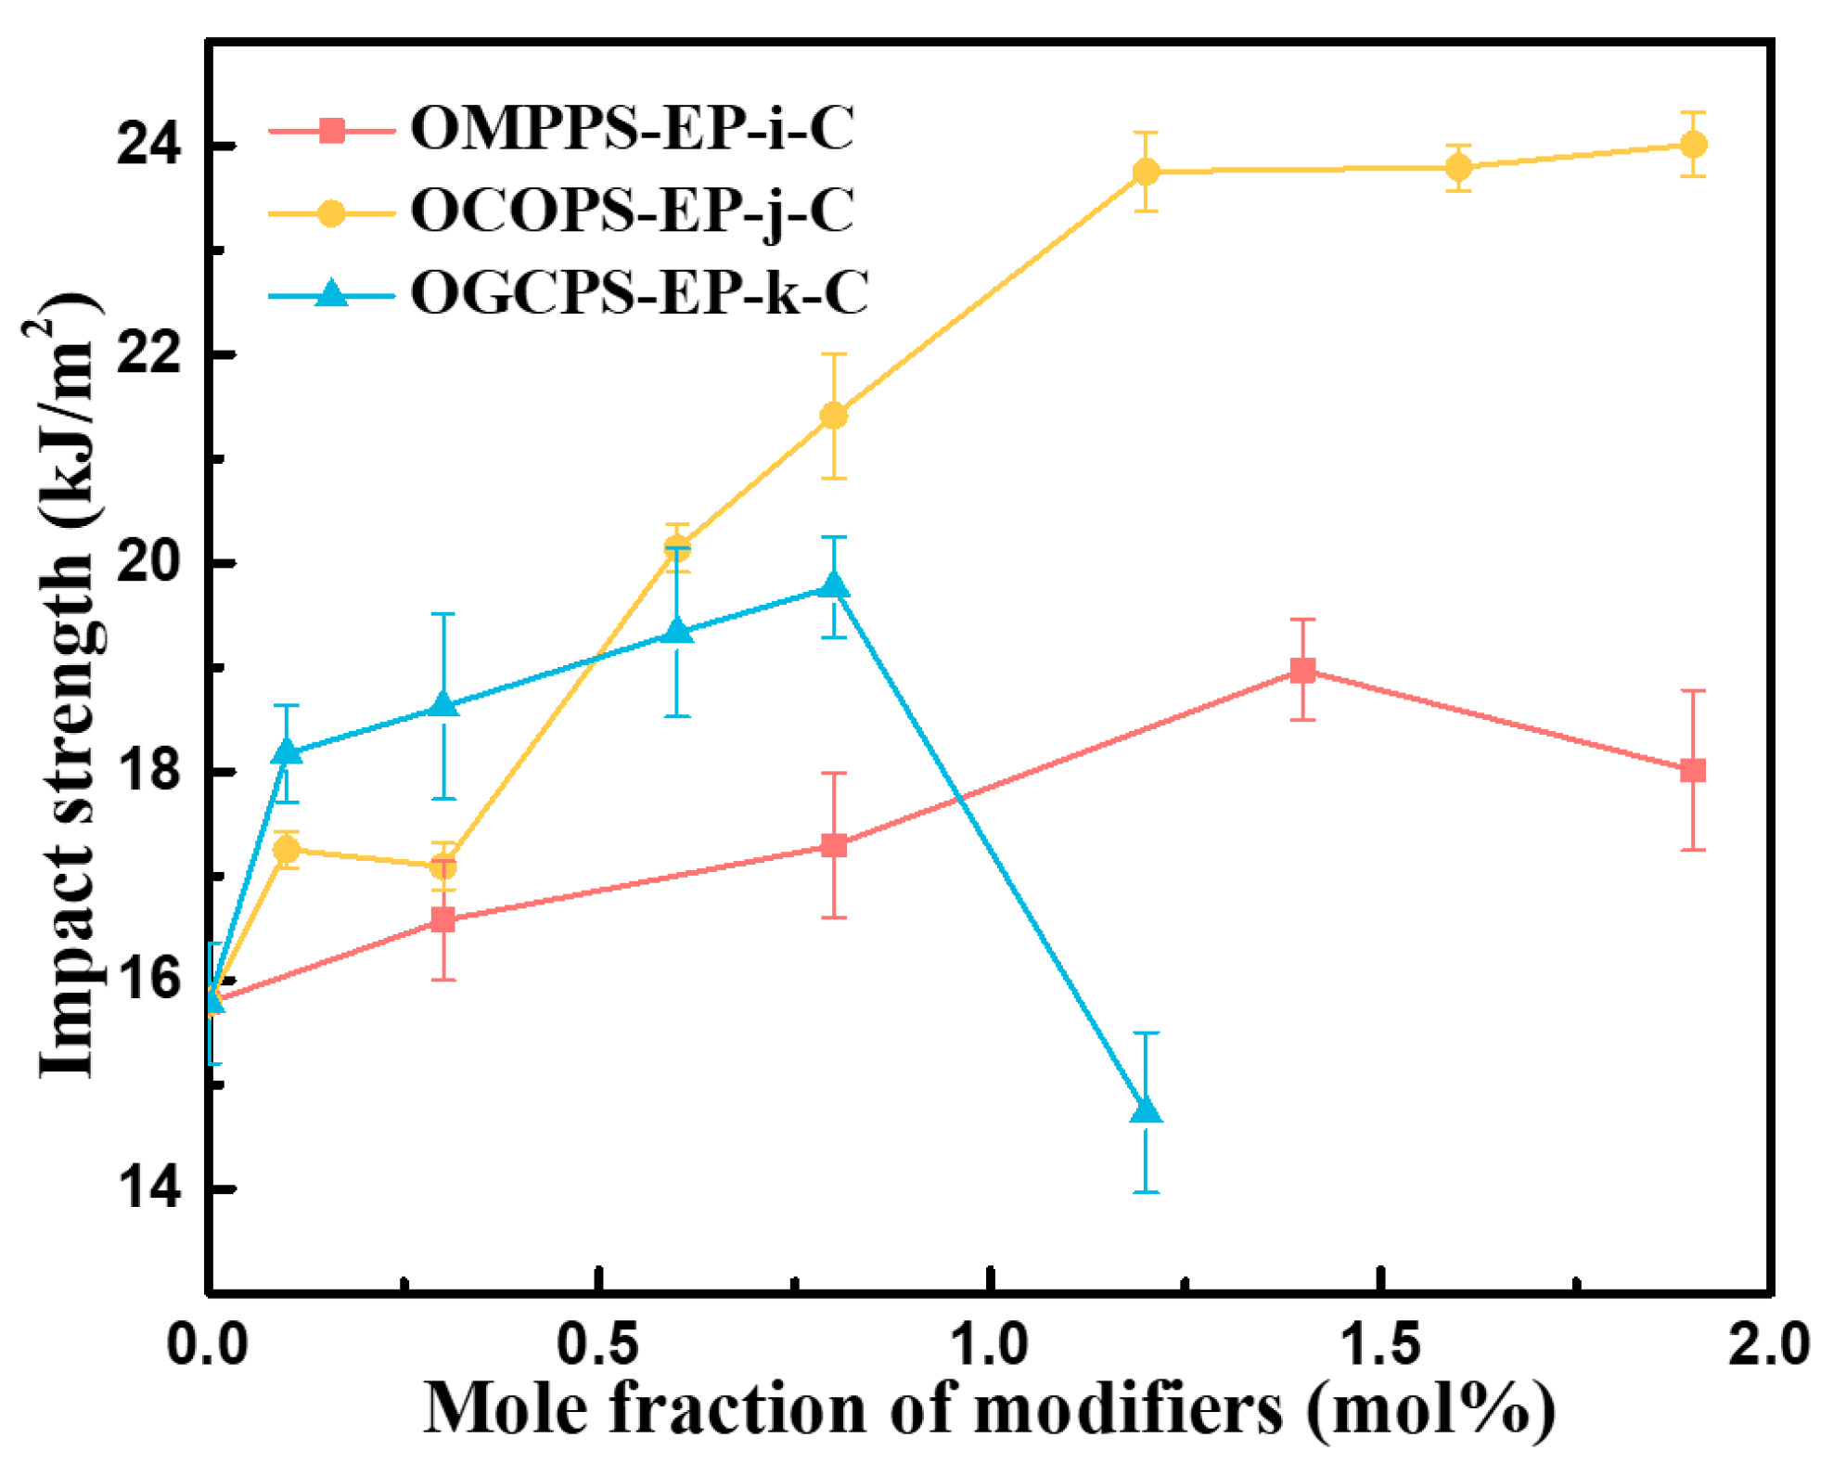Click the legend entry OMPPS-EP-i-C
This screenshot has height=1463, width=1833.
click(631, 128)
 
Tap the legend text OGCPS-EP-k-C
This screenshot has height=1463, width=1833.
click(638, 293)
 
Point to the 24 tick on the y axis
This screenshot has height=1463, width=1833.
click(148, 146)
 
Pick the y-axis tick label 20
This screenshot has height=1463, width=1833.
click(148, 563)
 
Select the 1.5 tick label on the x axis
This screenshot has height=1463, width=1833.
click(1381, 1344)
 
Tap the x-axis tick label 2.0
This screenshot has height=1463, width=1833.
click(1767, 1344)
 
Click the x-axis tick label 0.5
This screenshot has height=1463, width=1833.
click(599, 1344)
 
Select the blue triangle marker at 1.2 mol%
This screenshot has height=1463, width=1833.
click(1146, 1110)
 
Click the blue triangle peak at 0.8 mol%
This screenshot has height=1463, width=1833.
click(834, 585)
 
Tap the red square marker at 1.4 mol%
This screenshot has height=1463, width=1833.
click(1302, 670)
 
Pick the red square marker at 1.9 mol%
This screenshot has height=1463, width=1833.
click(1693, 770)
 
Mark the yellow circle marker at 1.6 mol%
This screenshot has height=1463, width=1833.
click(1458, 168)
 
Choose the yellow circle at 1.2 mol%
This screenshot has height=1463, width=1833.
click(1146, 172)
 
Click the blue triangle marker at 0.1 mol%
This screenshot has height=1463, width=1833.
click(288, 751)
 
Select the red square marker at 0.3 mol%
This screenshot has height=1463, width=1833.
click(443, 919)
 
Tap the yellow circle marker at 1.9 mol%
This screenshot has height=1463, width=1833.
click(1693, 145)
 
